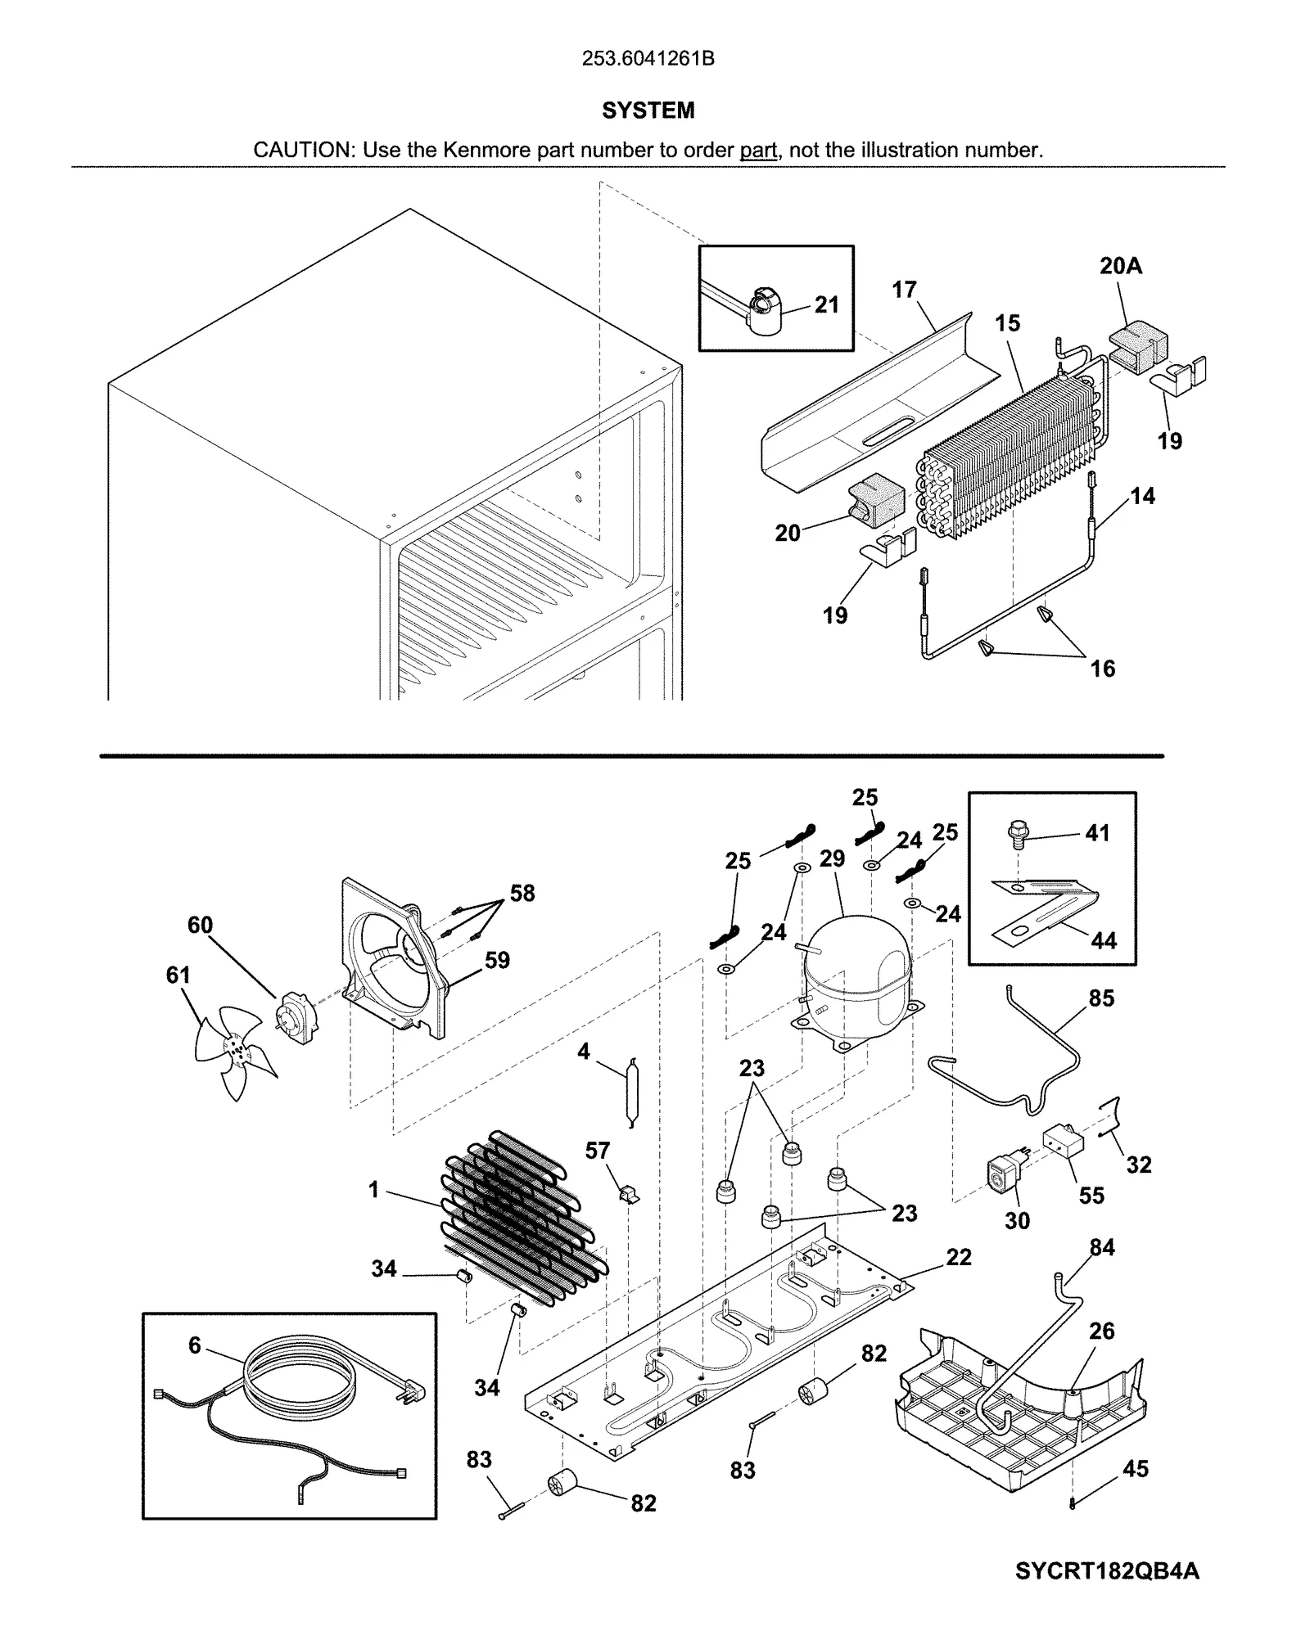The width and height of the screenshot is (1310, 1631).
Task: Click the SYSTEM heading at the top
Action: [648, 110]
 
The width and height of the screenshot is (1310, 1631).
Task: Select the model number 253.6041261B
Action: [648, 59]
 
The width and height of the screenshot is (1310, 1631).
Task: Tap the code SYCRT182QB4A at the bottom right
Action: [1107, 1572]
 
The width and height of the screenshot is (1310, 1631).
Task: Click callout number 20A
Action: [1121, 266]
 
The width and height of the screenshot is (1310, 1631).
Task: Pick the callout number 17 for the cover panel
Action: [904, 290]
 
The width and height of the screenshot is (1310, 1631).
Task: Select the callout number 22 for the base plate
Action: [959, 1257]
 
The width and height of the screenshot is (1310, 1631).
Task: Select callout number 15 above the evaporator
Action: [1008, 323]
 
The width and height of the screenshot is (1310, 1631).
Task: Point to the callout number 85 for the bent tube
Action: [1101, 998]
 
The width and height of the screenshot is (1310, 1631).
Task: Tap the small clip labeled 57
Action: [628, 1195]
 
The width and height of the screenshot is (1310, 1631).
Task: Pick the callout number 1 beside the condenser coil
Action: [374, 1190]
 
